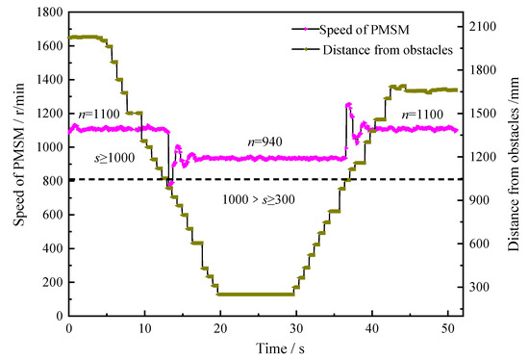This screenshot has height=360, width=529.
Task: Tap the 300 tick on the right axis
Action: pos(481,287)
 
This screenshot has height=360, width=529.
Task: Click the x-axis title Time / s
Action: pos(265,347)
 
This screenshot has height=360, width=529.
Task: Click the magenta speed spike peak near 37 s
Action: pos(348,104)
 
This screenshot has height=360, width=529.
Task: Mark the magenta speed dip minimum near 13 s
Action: pos(170,183)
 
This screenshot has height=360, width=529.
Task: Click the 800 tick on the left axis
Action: pos(51,180)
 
